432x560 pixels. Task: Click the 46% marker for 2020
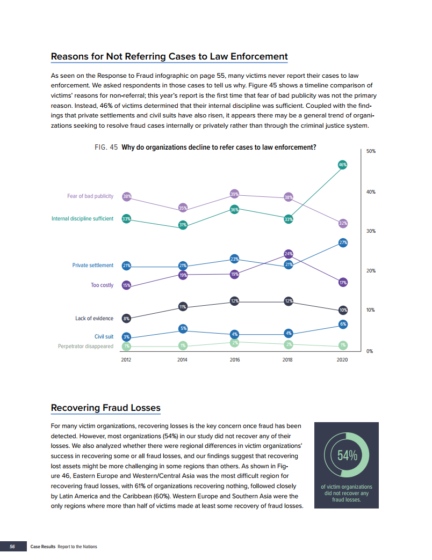(x=342, y=165)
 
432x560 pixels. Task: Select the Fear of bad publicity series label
(x=90, y=196)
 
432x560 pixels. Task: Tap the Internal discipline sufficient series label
(x=82, y=219)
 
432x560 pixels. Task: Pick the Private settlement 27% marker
(x=343, y=243)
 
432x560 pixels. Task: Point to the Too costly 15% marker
(x=126, y=285)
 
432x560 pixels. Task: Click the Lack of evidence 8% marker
(x=126, y=319)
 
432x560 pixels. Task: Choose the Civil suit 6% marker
(x=343, y=324)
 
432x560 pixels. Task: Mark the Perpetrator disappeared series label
(x=85, y=347)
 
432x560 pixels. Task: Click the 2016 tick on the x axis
(x=235, y=360)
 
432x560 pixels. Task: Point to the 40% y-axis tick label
(x=370, y=191)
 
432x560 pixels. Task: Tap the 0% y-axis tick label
(x=369, y=351)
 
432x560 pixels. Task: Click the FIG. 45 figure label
(x=106, y=147)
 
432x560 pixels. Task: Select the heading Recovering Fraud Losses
(x=105, y=408)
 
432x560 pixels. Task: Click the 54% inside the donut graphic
(x=347, y=455)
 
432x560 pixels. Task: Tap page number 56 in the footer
(x=12, y=547)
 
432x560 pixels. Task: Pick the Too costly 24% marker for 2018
(x=288, y=253)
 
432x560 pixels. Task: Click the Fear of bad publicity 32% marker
(x=343, y=223)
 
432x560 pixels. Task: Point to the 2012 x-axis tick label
(x=126, y=360)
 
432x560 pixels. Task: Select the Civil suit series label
(x=104, y=337)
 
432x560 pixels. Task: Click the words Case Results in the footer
(x=43, y=547)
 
